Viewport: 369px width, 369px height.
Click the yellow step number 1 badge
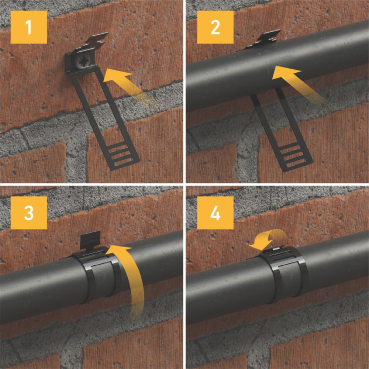(29, 27)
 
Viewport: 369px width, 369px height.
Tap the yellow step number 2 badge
(215, 27)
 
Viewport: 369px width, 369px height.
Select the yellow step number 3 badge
(29, 213)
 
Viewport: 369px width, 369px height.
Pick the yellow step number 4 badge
(215, 213)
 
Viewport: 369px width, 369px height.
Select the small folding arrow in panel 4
(268, 241)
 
